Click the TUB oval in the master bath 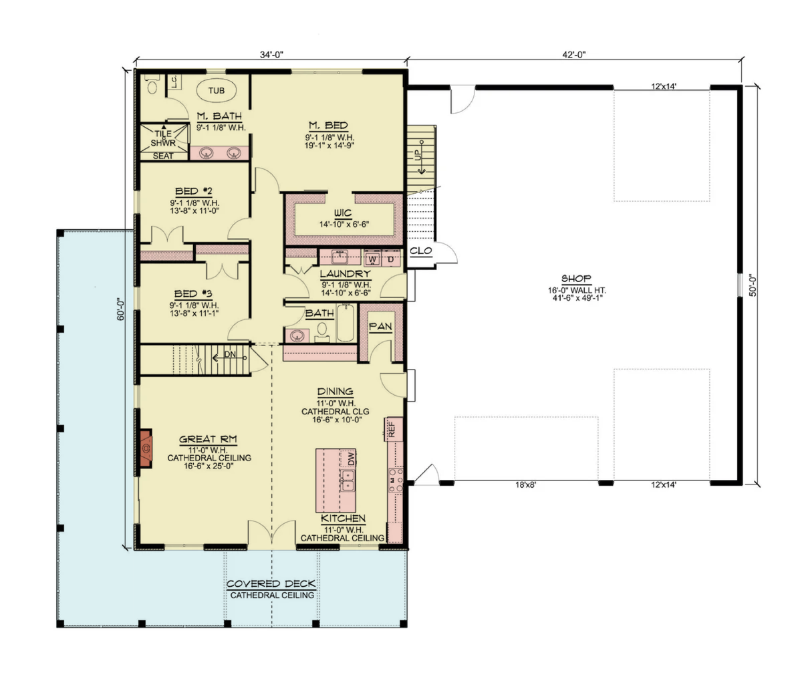click(216, 90)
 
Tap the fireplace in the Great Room click(146, 448)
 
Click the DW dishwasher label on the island click(351, 459)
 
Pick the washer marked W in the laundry click(372, 259)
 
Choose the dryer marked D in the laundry click(391, 259)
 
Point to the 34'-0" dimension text click(271, 55)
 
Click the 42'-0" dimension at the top click(573, 55)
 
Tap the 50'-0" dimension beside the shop click(753, 286)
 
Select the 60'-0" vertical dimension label click(120, 309)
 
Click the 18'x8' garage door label click(525, 485)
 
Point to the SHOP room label click(576, 279)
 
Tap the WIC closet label click(343, 213)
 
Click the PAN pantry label click(380, 327)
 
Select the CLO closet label click(421, 251)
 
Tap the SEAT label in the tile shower click(163, 156)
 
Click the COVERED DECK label click(271, 584)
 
